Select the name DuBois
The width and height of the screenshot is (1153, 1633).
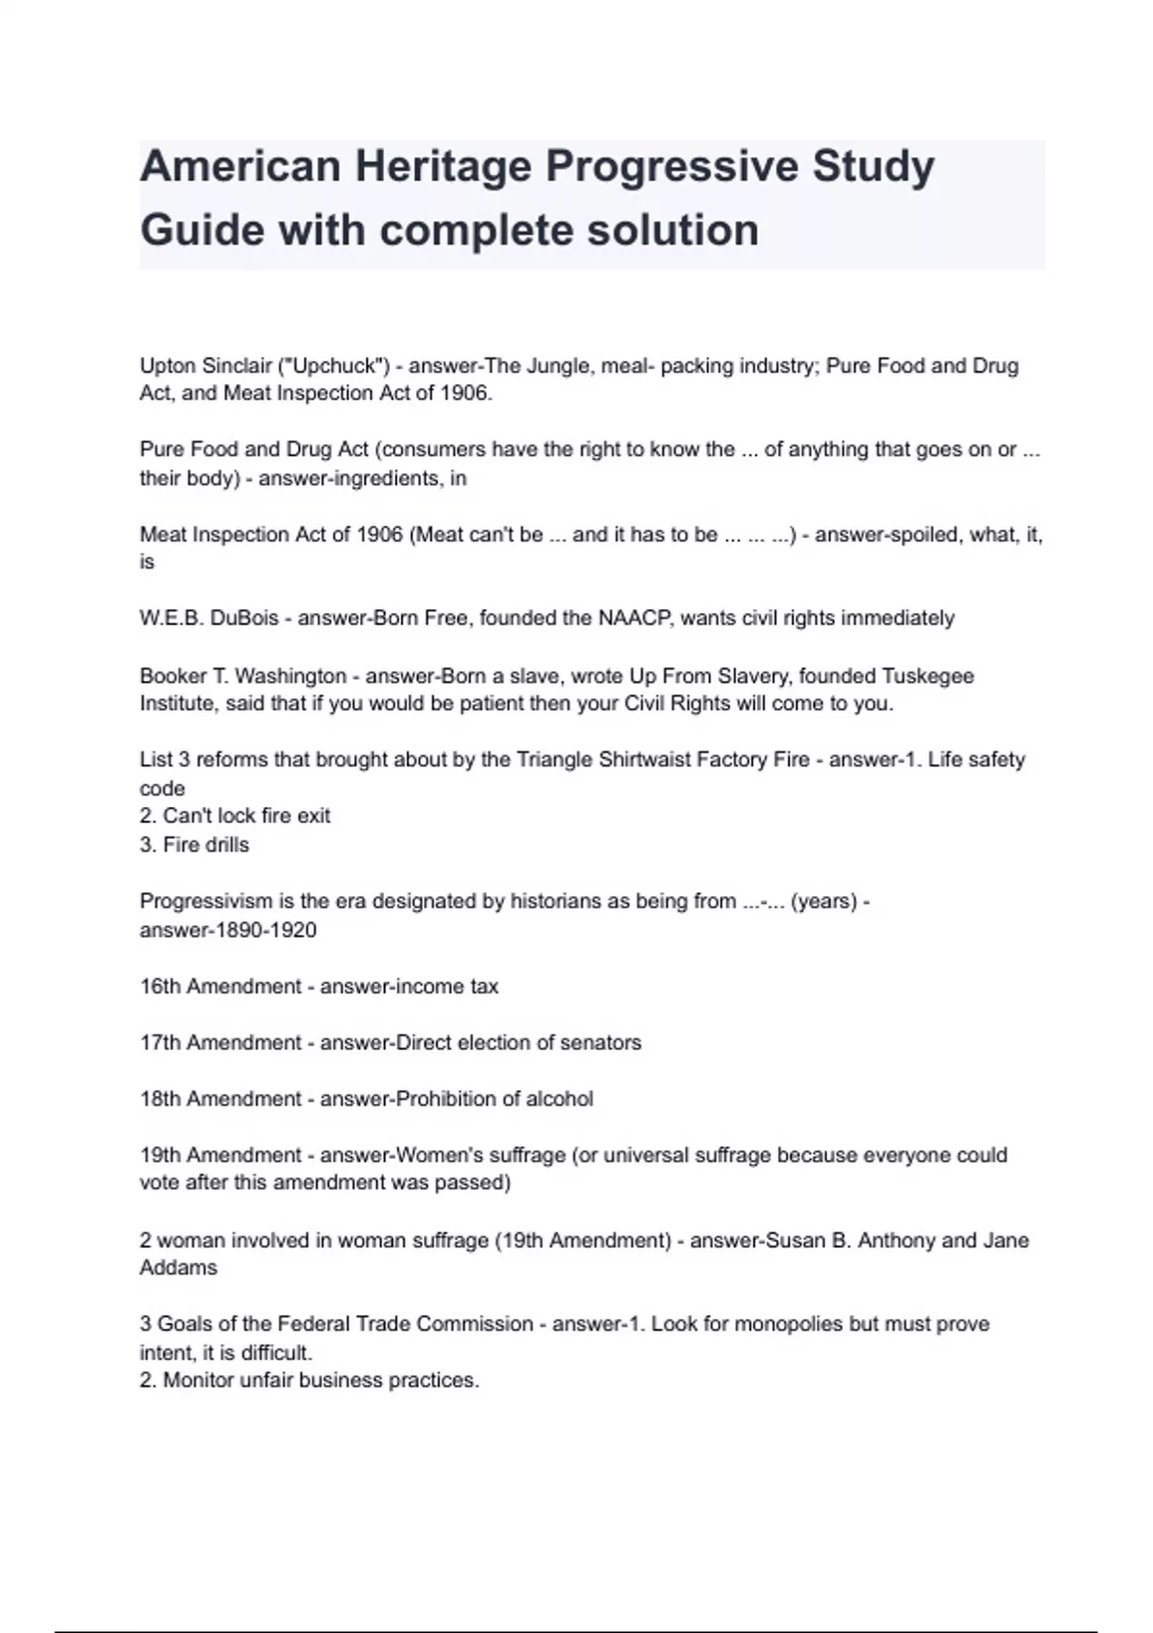(244, 618)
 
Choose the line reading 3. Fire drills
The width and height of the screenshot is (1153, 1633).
(194, 844)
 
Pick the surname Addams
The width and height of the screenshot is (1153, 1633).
(179, 1268)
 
